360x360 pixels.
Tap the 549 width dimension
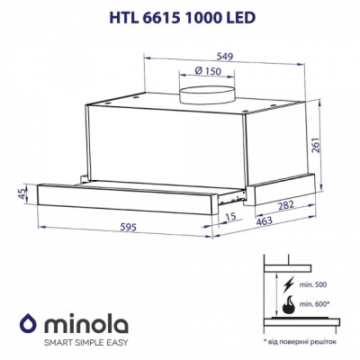pyautogui.click(x=212, y=56)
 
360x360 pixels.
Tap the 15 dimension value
pyautogui.click(x=232, y=216)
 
